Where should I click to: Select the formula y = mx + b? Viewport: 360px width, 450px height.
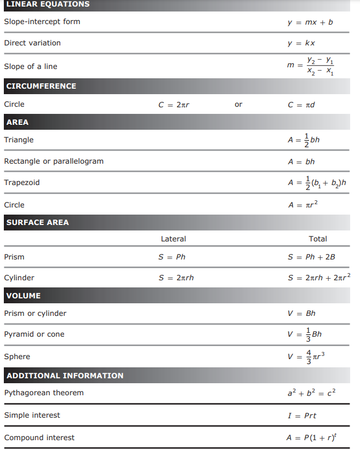[310, 22]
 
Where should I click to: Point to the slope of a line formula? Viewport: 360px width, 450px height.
[310, 66]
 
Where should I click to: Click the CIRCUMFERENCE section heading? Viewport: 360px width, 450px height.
[41, 86]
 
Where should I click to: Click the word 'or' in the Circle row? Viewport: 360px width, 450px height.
[238, 104]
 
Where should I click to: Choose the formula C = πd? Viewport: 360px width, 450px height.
[301, 105]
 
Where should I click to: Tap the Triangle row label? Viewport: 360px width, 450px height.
[19, 140]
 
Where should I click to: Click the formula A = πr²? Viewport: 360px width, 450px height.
[302, 205]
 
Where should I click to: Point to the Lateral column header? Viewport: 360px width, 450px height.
[173, 239]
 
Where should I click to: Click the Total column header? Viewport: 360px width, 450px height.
[318, 239]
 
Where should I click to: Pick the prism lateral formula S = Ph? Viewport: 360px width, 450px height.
[172, 257]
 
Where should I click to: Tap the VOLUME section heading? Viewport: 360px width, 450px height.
[24, 296]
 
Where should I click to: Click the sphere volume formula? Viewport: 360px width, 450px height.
[306, 356]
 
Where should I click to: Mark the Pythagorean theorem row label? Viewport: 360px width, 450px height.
[44, 393]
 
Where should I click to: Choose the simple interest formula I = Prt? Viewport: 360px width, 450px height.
[302, 416]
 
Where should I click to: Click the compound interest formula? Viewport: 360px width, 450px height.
[311, 437]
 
